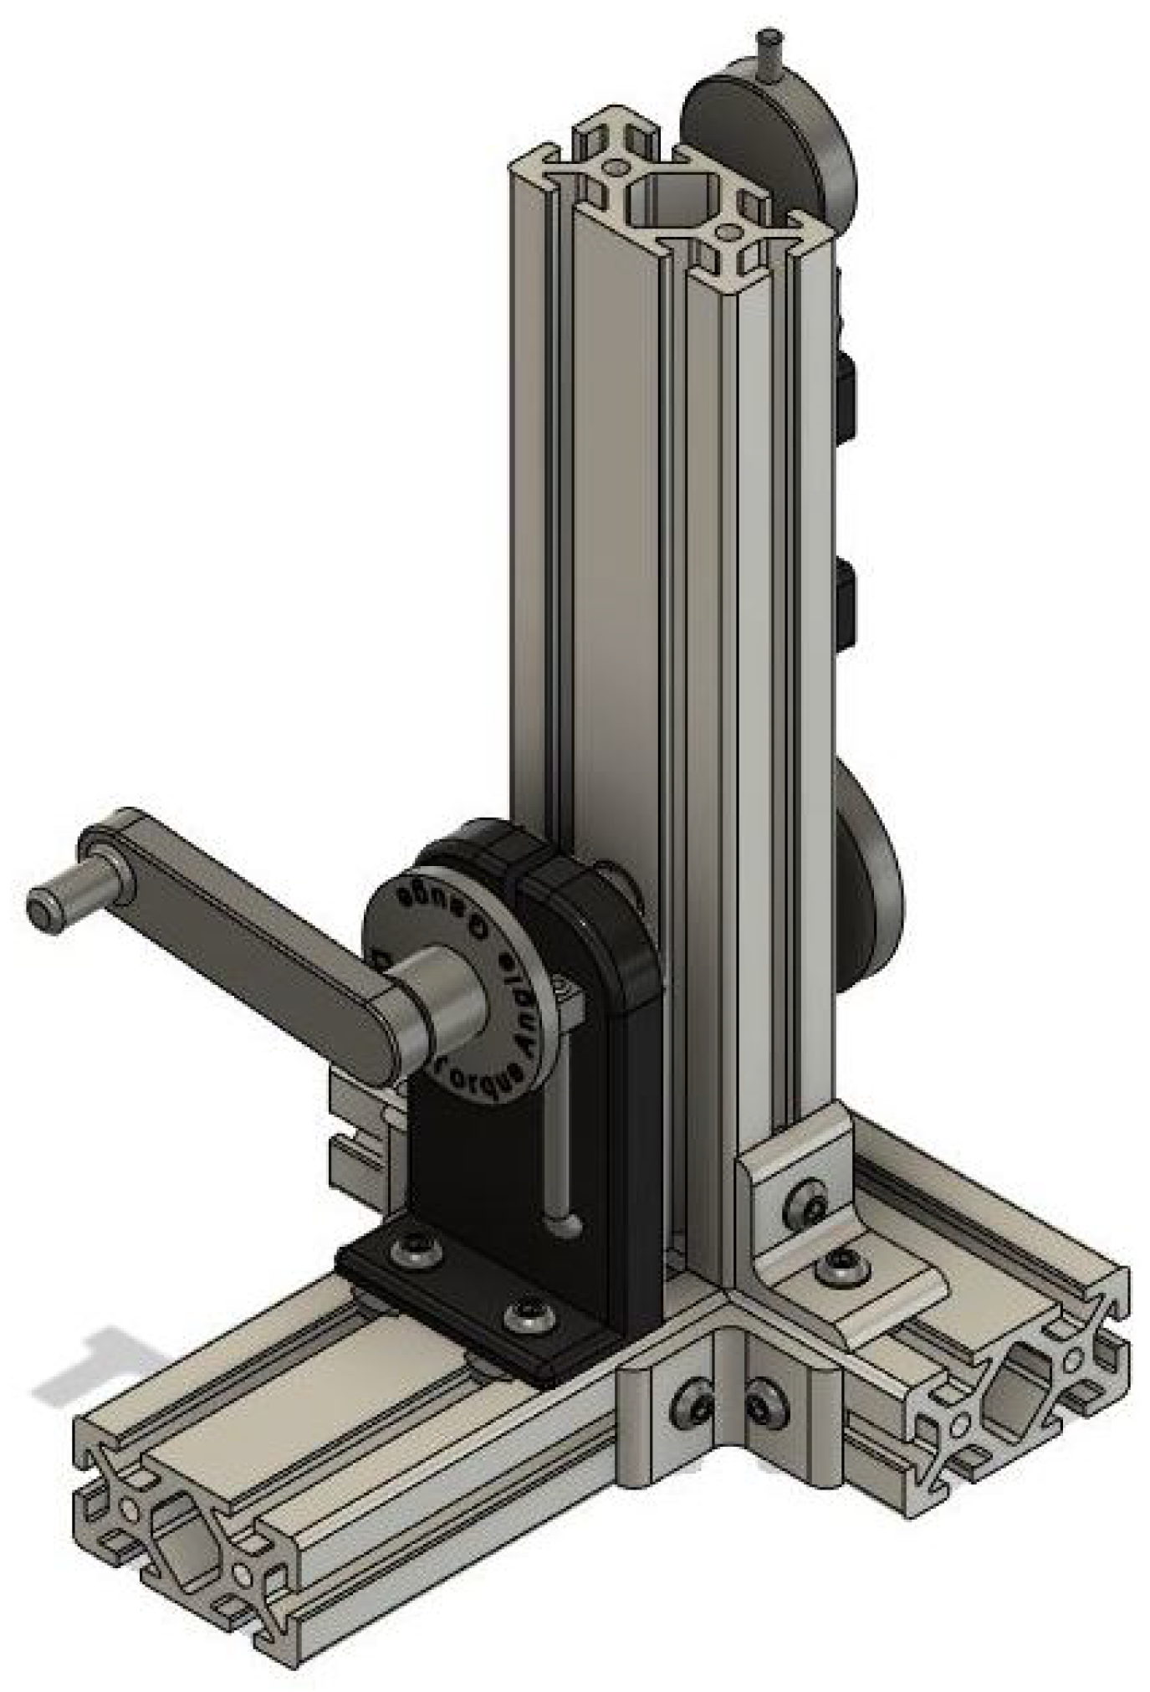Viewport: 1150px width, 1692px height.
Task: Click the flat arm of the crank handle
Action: [x=243, y=946]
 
